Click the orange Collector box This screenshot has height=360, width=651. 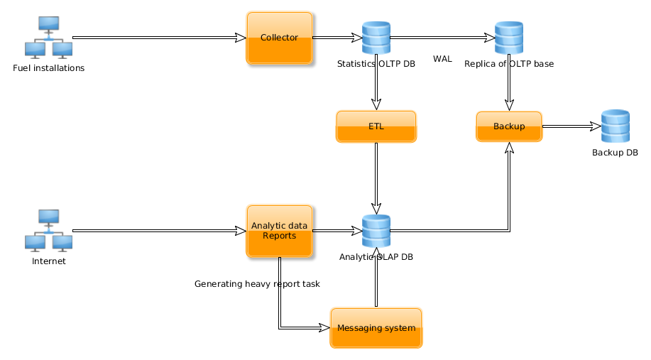coord(280,38)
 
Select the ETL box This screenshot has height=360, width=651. coord(376,126)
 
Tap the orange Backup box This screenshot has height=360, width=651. coord(509,126)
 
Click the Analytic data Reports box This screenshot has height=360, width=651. coord(280,231)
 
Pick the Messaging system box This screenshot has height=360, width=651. coord(376,327)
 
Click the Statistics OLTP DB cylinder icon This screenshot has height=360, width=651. coord(376,38)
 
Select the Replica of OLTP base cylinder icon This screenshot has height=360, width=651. coord(509,38)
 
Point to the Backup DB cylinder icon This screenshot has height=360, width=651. coord(615,126)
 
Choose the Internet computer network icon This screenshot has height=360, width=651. coord(48,231)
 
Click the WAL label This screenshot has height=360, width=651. coord(442,59)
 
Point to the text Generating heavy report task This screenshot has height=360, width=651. coord(257,284)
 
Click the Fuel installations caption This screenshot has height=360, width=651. coord(48,69)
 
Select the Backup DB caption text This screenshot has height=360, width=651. coord(615,153)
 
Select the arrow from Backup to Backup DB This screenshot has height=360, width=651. coord(571,126)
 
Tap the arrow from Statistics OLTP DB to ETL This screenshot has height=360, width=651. coord(376,82)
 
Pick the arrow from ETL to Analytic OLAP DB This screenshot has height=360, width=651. coord(376,178)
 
